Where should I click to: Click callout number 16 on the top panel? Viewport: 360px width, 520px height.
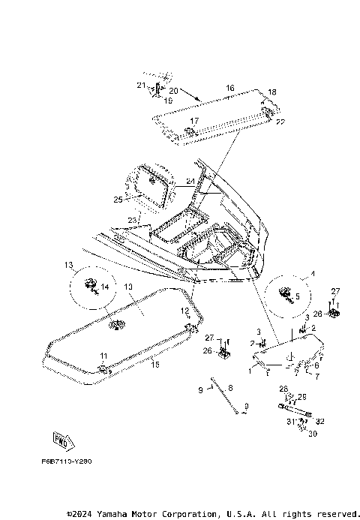pos(229,88)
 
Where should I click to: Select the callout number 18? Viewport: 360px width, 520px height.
pos(271,92)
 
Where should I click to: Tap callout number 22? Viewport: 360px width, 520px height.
pos(279,122)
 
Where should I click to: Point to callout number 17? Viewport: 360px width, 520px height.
pos(193,121)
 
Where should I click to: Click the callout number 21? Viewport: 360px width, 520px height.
pos(140,86)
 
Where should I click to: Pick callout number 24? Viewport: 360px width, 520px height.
pos(190,181)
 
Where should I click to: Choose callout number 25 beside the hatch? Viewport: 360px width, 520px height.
pos(118,200)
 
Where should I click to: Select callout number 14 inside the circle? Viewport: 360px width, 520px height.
pos(104,287)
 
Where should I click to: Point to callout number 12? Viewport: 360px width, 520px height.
pos(184,311)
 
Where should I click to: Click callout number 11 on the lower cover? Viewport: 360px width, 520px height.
pos(103,355)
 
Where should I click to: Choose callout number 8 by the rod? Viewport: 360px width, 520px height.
pos(230,387)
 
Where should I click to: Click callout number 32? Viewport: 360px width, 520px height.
pos(321,422)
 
